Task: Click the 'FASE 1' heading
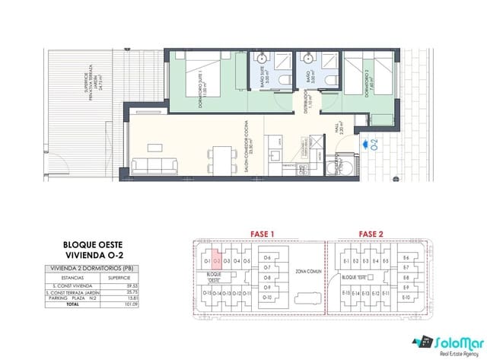[x=262, y=234]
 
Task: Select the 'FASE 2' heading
[x=371, y=234]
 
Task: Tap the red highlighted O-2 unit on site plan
[x=216, y=260]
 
